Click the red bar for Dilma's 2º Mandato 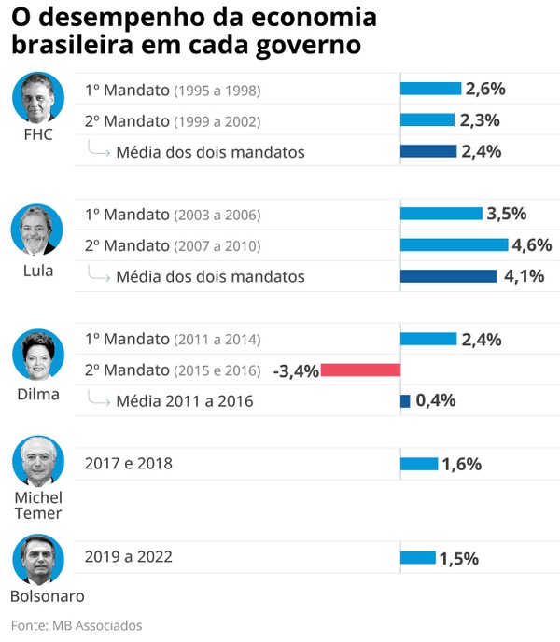point(360,370)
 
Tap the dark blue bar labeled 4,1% point(448,276)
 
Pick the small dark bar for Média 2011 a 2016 point(405,401)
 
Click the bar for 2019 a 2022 point(417,558)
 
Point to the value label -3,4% point(296,370)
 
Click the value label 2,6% point(485,89)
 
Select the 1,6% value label point(461,464)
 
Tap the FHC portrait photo point(37,99)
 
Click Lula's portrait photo point(37,230)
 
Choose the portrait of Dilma point(37,355)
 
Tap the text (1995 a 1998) point(217,91)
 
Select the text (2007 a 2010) point(217,246)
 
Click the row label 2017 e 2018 point(128,464)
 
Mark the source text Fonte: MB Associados point(77,625)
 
